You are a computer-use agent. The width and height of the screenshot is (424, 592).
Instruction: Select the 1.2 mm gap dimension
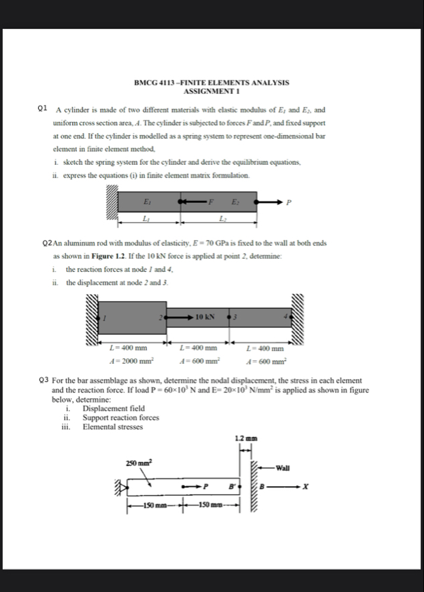242,438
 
